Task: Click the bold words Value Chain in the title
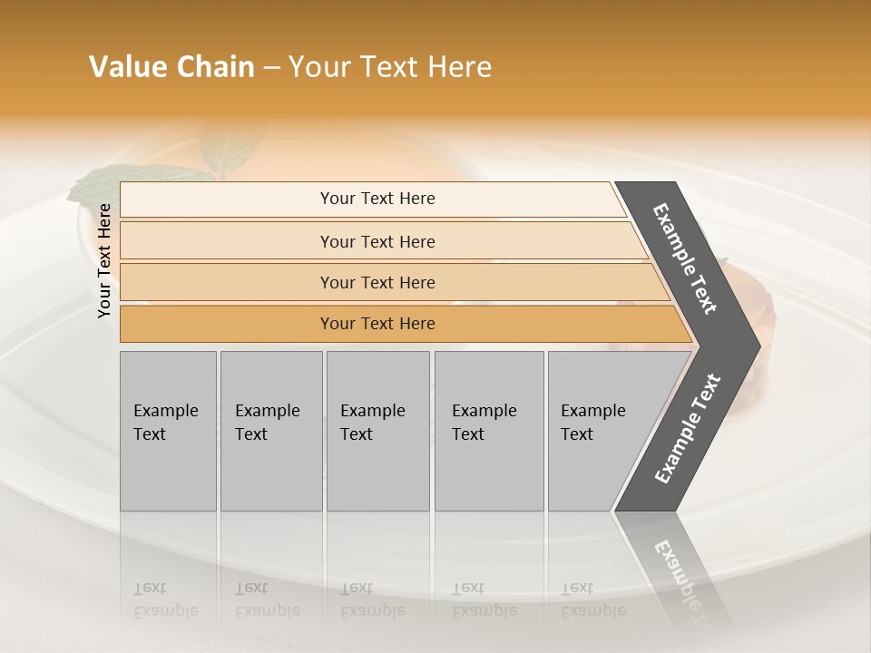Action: click(x=171, y=67)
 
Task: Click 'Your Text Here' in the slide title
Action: click(x=390, y=67)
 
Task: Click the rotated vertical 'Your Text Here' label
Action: click(x=104, y=260)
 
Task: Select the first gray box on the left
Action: click(x=168, y=431)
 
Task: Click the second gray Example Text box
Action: click(x=271, y=431)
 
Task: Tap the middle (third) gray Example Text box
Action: click(x=377, y=431)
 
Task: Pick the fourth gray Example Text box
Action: click(x=489, y=431)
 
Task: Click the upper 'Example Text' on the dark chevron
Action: click(x=685, y=258)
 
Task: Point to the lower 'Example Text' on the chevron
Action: click(x=688, y=429)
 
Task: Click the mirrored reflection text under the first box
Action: click(x=165, y=599)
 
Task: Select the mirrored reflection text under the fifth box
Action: click(x=592, y=599)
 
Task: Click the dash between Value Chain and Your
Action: click(x=271, y=68)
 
